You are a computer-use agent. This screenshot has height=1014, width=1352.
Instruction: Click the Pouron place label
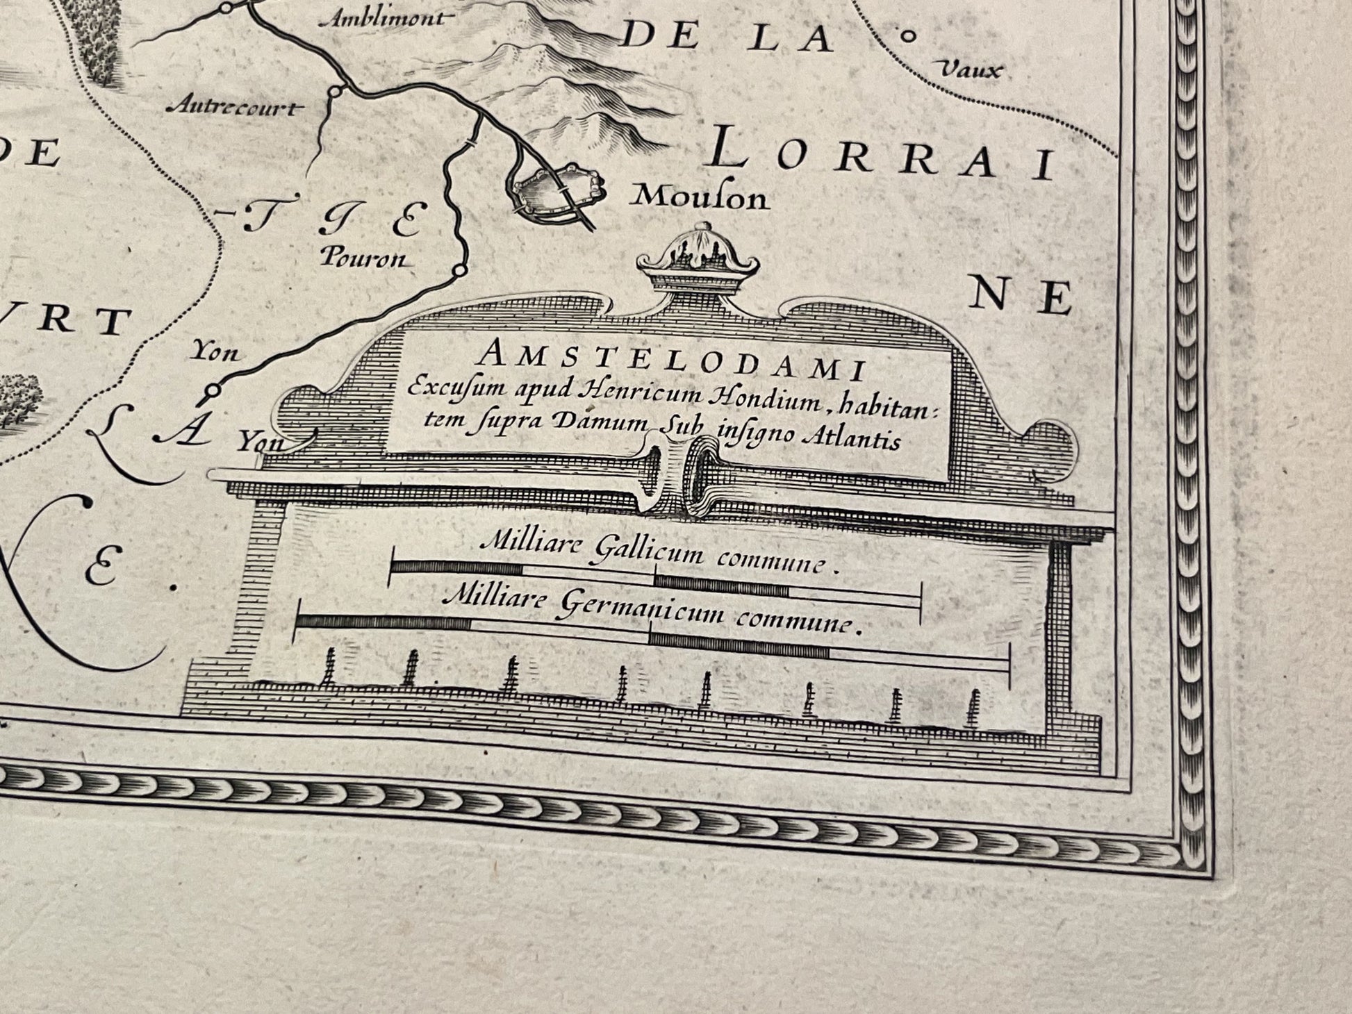pyautogui.click(x=362, y=259)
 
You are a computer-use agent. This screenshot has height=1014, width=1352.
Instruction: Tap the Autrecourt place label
pyautogui.click(x=237, y=107)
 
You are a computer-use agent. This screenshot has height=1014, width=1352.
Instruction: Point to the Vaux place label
pyautogui.click(x=971, y=69)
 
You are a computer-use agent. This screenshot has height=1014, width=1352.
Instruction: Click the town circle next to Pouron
pyautogui.click(x=459, y=270)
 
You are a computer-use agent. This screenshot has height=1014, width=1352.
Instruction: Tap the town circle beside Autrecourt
pyautogui.click(x=336, y=91)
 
